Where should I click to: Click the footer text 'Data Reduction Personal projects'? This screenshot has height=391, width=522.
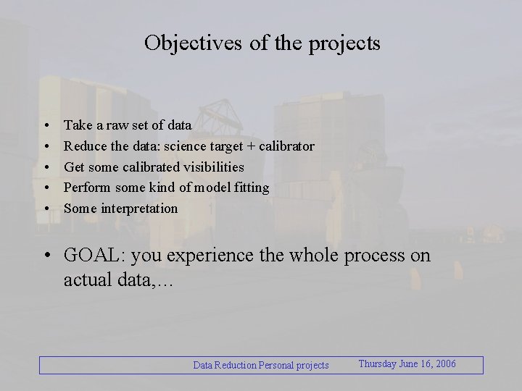click(x=260, y=365)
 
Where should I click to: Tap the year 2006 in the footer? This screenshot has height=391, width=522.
click(x=444, y=363)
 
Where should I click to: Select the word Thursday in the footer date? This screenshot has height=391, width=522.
click(x=377, y=363)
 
